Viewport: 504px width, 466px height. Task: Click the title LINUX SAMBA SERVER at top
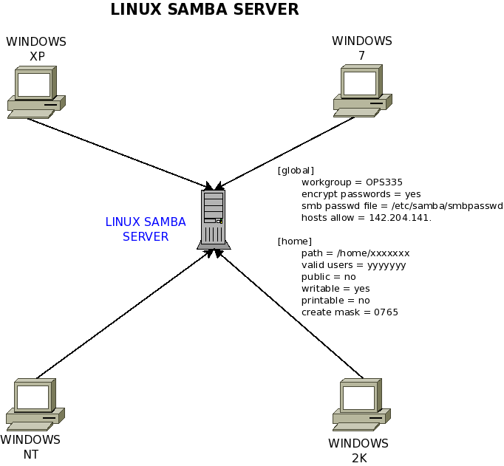[205, 10]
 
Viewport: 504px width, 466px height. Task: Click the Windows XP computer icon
[35, 92]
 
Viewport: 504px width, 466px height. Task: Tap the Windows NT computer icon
[35, 404]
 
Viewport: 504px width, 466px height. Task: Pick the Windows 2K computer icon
[361, 405]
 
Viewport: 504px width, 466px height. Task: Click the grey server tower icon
[213, 219]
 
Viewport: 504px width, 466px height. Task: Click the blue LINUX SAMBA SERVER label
[146, 229]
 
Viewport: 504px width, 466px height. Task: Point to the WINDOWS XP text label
[36, 49]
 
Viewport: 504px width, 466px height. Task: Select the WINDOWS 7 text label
[361, 48]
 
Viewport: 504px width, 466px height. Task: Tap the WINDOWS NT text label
[30, 447]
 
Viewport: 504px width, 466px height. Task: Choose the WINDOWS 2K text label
[358, 450]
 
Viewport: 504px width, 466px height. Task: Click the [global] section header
[296, 171]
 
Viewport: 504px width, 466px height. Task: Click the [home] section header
[294, 241]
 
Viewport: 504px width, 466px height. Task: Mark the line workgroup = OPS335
[351, 182]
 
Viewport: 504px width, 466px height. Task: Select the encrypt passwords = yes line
[361, 194]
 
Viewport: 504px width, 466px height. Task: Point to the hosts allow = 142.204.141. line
[366, 218]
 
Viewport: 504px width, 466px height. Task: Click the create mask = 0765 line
[350, 312]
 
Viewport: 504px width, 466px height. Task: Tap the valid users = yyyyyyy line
[353, 265]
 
